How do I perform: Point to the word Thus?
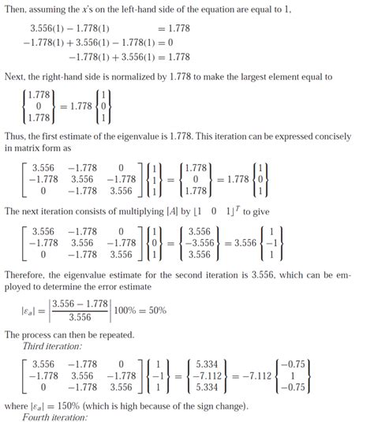(x=17, y=135)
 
